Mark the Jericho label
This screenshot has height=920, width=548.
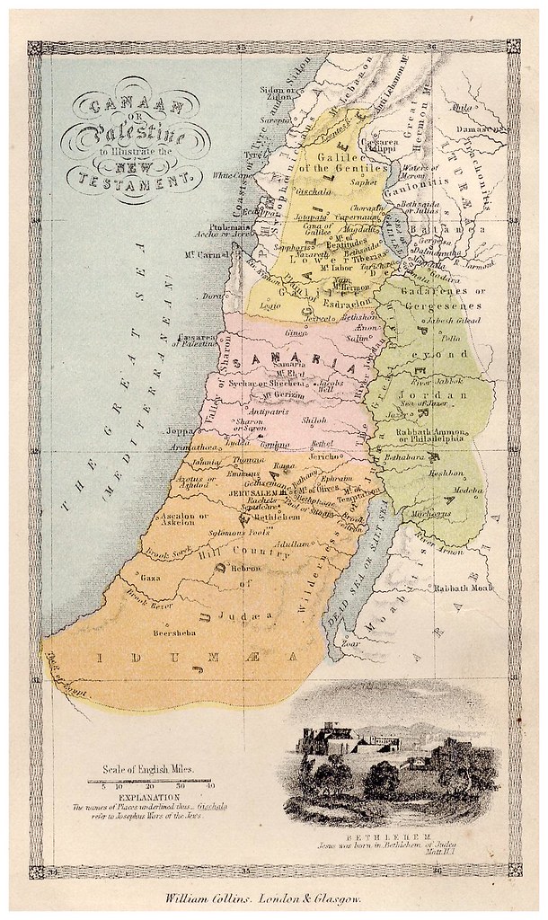click(x=324, y=456)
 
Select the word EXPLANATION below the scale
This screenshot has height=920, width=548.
click(x=144, y=796)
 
